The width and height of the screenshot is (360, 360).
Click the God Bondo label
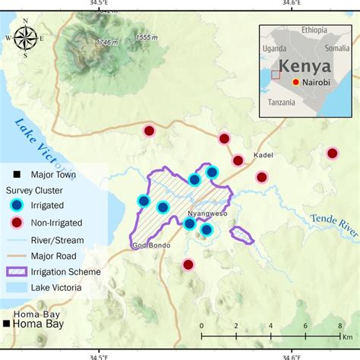[147, 245]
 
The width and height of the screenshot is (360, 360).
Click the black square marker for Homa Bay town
[6, 324]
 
